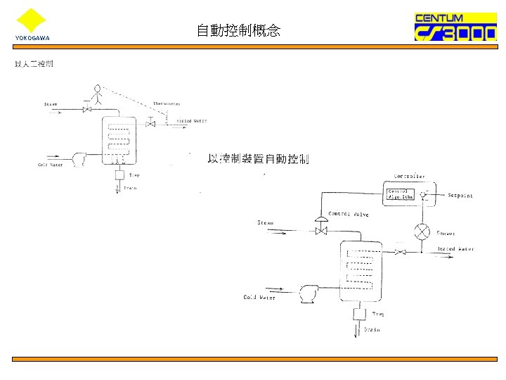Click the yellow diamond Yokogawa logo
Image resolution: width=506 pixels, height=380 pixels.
[30, 20]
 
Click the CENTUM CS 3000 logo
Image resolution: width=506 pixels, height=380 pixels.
[455, 27]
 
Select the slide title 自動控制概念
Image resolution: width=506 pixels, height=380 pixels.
[238, 30]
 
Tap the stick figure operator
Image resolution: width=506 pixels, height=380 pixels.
[96, 94]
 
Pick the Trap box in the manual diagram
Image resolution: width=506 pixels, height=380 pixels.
[119, 175]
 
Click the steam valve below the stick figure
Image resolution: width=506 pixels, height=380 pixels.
[87, 110]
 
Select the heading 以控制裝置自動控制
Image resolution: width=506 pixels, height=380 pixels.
[258, 158]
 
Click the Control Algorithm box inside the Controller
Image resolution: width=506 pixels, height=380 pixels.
[398, 194]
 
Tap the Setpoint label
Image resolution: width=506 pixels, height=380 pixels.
[460, 196]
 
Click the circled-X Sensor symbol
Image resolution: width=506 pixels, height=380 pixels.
[422, 232]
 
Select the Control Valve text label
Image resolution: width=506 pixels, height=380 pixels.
[349, 214]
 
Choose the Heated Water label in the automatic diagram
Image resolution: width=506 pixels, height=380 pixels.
[455, 249]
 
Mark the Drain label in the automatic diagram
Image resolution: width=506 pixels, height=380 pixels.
[372, 329]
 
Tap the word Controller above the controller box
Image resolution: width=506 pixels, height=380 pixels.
[409, 176]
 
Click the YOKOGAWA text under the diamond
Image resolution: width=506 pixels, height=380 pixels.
[32, 38]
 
